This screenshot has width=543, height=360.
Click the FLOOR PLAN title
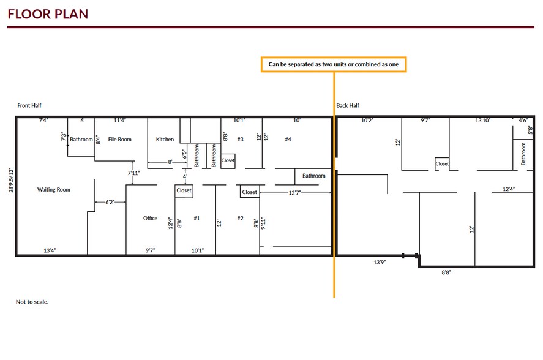48,13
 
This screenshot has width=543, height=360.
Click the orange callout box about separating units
334,64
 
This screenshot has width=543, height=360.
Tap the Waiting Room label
54,190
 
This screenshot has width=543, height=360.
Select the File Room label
120,140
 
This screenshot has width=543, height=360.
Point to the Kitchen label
165,140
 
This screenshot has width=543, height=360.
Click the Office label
150,218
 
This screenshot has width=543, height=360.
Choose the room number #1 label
197,218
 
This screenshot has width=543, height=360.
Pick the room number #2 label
240,218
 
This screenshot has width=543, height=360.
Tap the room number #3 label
240,140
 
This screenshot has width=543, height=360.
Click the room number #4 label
288,140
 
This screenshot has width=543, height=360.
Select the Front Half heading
29,106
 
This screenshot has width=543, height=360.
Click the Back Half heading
347,106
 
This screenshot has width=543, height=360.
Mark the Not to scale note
32,302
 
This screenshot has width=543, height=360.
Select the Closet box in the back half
442,164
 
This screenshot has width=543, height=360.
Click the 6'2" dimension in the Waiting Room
111,201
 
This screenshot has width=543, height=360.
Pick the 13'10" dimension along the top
483,121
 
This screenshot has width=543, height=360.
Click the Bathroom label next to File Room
81,140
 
